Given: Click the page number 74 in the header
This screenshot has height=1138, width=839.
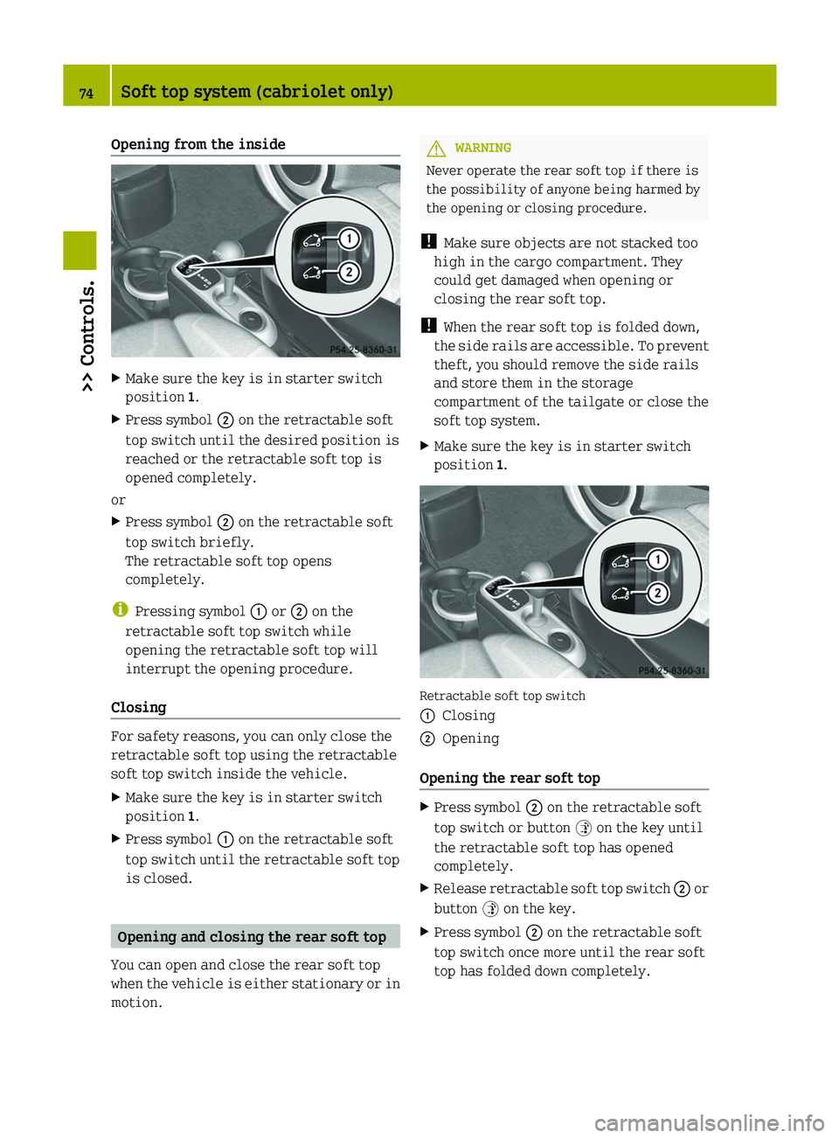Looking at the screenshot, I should [x=87, y=93].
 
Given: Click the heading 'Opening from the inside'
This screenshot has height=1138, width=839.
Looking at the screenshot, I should [x=198, y=144].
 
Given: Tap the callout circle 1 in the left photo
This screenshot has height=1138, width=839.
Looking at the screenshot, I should [x=349, y=239].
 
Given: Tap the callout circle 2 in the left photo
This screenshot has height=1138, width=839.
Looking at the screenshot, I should [x=349, y=272].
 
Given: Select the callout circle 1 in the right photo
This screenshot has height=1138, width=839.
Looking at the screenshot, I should [x=657, y=559].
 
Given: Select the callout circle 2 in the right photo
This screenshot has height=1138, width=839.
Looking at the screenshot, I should [x=657, y=593].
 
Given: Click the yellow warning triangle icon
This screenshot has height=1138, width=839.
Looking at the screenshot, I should [x=436, y=149].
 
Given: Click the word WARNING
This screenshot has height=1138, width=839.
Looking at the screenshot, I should [x=482, y=149].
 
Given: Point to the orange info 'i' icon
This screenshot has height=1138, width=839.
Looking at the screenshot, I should [x=120, y=610].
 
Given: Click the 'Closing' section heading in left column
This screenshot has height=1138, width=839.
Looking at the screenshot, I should [x=138, y=707].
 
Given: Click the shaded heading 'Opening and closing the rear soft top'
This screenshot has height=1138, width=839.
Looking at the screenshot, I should [x=252, y=937].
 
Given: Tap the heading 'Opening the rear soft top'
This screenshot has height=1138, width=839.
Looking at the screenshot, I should [x=510, y=778].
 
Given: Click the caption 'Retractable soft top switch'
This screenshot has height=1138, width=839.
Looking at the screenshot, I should [x=503, y=696].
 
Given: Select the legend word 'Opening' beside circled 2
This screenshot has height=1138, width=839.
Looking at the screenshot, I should [x=470, y=739].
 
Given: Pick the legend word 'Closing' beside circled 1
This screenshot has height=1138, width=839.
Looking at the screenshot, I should [x=468, y=716].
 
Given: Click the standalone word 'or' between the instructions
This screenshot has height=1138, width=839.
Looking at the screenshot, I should [x=118, y=500].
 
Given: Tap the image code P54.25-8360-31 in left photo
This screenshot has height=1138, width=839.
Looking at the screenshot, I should [x=364, y=350].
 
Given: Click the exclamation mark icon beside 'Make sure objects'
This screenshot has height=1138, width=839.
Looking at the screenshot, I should [x=428, y=242].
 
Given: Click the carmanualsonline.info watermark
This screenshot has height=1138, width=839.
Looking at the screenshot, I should [x=709, y=1122].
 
